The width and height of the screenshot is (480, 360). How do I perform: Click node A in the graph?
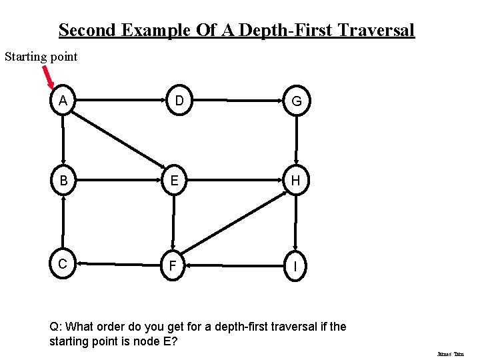click(63, 101)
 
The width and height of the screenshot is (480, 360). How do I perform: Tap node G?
click(296, 101)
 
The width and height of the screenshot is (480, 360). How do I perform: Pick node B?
click(63, 181)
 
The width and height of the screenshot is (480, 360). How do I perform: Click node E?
click(174, 181)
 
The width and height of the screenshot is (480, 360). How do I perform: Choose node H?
click(295, 181)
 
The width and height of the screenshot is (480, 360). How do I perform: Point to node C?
click(63, 264)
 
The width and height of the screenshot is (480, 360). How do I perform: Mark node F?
click(173, 266)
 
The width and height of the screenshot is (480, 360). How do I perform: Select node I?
click(295, 266)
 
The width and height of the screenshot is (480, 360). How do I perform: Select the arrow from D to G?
click(237, 101)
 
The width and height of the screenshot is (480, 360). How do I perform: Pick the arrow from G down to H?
click(296, 141)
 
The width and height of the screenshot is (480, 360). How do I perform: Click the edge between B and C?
click(63, 222)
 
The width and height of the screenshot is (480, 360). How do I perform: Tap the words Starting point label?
click(41, 57)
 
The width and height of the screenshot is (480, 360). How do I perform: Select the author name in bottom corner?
click(450, 355)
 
